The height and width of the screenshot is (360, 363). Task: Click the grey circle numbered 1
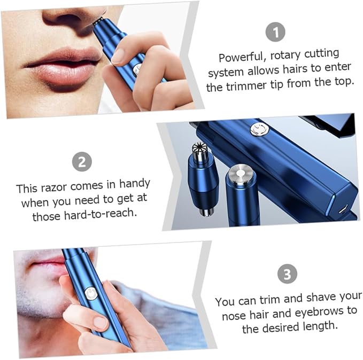click(275, 32)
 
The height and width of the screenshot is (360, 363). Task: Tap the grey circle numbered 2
click(82, 161)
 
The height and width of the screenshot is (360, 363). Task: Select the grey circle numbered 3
click(287, 273)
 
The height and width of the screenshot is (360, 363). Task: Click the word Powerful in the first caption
click(241, 57)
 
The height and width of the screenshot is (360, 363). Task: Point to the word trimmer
click(246, 85)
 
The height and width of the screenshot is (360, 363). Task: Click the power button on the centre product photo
click(259, 129)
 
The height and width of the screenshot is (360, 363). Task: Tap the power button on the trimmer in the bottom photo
click(91, 294)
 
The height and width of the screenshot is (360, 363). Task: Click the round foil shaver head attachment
click(241, 173)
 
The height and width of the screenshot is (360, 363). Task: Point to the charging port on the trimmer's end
click(342, 209)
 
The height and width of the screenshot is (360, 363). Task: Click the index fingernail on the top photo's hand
click(119, 56)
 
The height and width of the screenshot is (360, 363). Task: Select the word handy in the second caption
click(135, 184)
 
